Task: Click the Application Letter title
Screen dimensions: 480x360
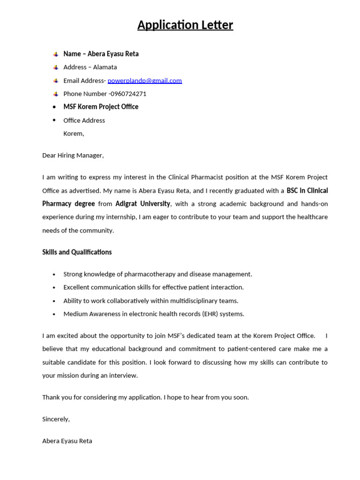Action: (185, 25)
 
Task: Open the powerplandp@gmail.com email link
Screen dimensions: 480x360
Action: (144, 81)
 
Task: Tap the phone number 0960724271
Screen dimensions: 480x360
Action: (128, 94)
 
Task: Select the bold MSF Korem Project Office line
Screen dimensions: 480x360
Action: (101, 107)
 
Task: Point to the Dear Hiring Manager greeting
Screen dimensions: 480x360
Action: (73, 155)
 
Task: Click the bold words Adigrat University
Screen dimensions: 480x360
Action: (143, 204)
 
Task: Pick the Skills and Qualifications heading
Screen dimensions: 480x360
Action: (77, 252)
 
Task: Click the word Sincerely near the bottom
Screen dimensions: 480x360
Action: (56, 419)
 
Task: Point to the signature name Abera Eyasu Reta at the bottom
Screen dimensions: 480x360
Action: (67, 441)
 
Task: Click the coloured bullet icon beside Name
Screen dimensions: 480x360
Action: (55, 54)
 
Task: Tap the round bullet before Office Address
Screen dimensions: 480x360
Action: (54, 120)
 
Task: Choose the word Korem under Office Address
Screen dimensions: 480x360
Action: (74, 134)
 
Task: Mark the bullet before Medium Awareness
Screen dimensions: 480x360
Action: (54, 314)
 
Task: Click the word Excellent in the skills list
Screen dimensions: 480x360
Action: (78, 287)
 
